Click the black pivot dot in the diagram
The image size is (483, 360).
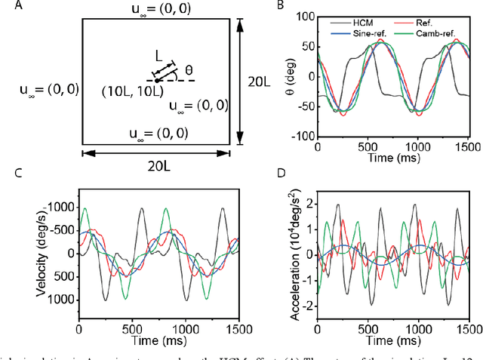pyautogui.click(x=156, y=80)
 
